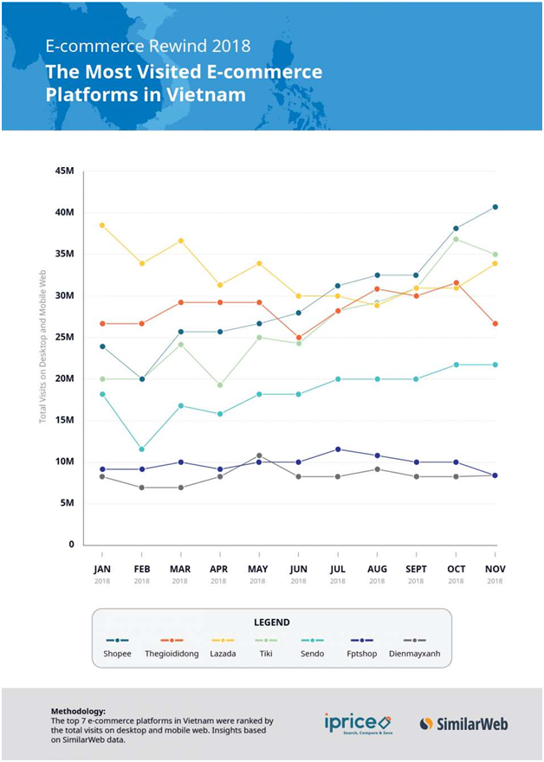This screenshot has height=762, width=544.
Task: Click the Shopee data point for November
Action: click(495, 207)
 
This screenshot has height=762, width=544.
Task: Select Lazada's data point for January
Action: click(102, 225)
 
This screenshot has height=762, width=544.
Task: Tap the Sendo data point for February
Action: click(141, 449)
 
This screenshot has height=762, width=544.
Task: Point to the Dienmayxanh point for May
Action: click(259, 455)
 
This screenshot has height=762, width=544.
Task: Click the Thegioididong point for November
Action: click(495, 324)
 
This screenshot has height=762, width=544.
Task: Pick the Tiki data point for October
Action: click(456, 239)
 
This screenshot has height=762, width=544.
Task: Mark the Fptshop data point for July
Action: click(338, 449)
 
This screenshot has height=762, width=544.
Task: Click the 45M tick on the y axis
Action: click(64, 171)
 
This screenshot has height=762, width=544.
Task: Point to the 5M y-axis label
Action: click(67, 503)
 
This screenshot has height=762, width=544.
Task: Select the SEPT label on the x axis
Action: click(417, 569)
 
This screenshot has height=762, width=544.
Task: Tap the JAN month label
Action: click(102, 569)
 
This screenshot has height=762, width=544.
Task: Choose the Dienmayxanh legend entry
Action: click(414, 653)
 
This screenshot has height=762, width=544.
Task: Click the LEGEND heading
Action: click(271, 622)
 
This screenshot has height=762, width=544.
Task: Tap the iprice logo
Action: click(357, 722)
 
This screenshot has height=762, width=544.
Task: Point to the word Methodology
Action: click(79, 710)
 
